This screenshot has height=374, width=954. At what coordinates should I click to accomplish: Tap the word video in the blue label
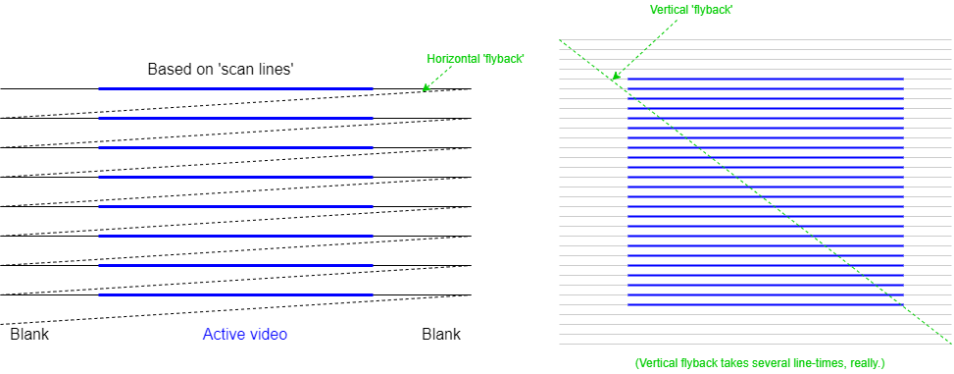pos(268,335)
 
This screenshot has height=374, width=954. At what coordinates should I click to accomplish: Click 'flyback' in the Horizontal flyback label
pos(504,59)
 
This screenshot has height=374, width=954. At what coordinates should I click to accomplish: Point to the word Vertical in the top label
pos(671,10)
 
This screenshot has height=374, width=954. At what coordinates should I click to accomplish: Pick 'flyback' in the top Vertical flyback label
pos(713,10)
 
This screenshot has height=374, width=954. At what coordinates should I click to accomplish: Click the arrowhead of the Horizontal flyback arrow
pos(425,88)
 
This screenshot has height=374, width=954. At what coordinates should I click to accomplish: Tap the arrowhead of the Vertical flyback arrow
pos(615,77)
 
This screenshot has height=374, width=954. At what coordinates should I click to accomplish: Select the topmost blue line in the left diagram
pos(235,88)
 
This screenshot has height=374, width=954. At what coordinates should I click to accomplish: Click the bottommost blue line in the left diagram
pos(235,294)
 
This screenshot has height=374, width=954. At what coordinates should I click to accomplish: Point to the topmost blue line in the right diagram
pos(765,79)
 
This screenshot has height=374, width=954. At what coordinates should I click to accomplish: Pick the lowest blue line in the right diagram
pos(765,304)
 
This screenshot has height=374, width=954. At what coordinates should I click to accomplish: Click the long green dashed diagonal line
pos(755,191)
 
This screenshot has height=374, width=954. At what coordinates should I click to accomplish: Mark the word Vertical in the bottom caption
pos(658,364)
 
